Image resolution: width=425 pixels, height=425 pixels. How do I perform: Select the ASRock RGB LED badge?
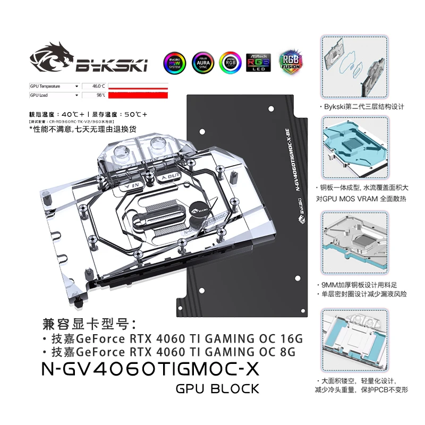[x=259, y=62]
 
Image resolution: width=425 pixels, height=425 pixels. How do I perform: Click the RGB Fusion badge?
[x=290, y=62]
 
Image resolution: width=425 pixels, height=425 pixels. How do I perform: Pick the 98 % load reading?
[x=100, y=95]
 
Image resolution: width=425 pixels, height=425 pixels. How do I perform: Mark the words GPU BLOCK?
[x=217, y=389]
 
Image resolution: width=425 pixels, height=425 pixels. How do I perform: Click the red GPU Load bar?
[x=137, y=95]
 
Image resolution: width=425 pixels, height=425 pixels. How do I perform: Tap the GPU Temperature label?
[x=45, y=86]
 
